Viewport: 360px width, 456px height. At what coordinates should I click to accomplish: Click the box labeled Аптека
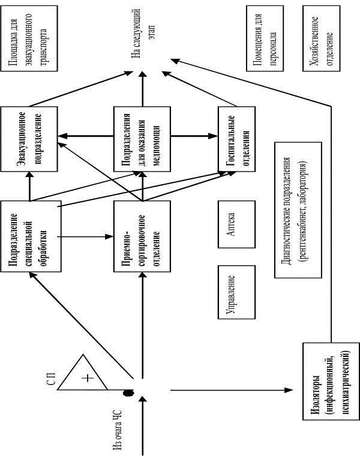point(237,224)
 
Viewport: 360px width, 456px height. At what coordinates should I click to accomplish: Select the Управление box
point(237,292)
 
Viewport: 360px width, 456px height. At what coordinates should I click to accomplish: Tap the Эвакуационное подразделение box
point(29,139)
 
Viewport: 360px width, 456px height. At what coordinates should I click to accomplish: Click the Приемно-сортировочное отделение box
point(142,236)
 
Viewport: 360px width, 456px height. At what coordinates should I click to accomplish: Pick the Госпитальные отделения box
point(237,139)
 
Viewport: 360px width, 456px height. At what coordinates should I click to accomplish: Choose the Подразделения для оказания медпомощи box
point(142,139)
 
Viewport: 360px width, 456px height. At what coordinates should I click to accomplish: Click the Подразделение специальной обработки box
point(31,236)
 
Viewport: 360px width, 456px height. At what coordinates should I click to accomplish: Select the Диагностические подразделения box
point(298,210)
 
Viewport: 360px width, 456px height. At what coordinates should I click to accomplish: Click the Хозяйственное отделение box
point(322,38)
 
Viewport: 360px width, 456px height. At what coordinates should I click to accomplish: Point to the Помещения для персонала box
point(265,38)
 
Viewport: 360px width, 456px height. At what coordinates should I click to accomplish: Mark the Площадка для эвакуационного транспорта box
point(29,38)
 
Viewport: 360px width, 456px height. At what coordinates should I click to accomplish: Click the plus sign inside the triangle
point(88,378)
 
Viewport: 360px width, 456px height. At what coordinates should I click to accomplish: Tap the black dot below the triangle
point(128,393)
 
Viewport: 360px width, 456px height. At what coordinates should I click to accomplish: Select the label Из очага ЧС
point(118,430)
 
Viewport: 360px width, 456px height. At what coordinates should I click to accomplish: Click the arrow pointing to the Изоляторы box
point(232,390)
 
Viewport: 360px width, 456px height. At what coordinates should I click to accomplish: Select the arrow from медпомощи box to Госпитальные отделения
point(194,136)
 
